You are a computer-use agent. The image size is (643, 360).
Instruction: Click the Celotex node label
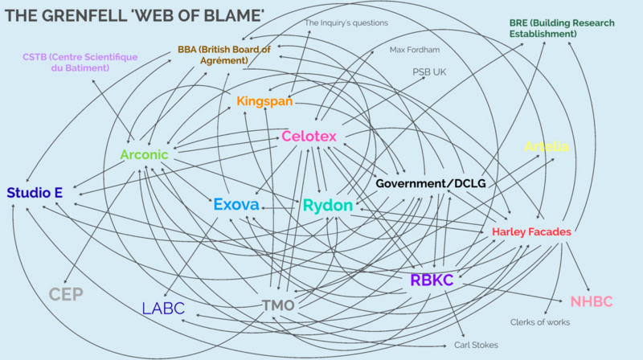click(x=309, y=137)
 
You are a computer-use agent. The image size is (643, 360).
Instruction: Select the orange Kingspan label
click(x=264, y=102)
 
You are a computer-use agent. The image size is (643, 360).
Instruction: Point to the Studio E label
click(x=34, y=193)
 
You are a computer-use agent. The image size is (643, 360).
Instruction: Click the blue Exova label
click(x=236, y=206)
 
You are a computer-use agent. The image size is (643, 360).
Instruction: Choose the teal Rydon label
click(x=328, y=206)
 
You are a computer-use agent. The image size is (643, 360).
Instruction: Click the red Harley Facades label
click(x=531, y=232)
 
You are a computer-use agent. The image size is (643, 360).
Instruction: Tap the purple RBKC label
click(x=432, y=280)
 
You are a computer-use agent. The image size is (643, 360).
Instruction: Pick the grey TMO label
click(x=279, y=305)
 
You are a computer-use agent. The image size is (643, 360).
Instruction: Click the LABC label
click(x=163, y=308)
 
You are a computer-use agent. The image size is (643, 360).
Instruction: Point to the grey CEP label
click(x=66, y=294)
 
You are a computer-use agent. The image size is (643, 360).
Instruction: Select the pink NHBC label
click(x=592, y=302)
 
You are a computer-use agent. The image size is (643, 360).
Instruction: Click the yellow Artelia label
click(x=547, y=146)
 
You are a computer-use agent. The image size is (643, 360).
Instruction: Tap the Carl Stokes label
click(x=476, y=345)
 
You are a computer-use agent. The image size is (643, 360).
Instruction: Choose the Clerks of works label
click(x=540, y=322)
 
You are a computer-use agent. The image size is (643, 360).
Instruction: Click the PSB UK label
click(x=428, y=72)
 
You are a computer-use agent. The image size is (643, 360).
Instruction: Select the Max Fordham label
click(x=415, y=50)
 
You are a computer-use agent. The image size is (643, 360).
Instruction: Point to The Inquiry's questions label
click(x=346, y=23)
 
